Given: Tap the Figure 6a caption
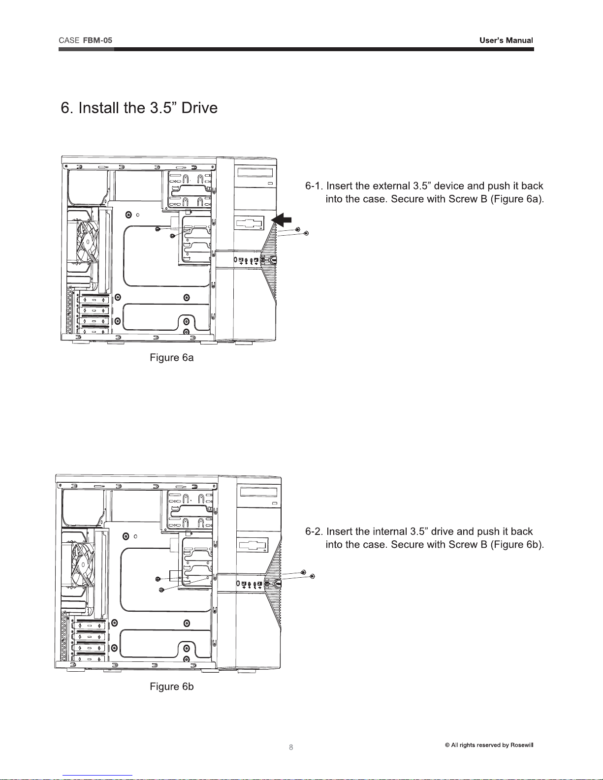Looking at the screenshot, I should pyautogui.click(x=171, y=358).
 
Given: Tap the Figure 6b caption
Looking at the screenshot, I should pyautogui.click(x=171, y=686).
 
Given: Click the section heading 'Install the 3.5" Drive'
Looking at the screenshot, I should pyautogui.click(x=139, y=108).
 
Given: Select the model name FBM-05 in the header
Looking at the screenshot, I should pyautogui.click(x=97, y=40).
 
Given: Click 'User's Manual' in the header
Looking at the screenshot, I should pyautogui.click(x=506, y=40).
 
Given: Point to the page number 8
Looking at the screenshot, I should pyautogui.click(x=291, y=747).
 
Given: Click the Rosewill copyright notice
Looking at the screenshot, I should pyautogui.click(x=489, y=745).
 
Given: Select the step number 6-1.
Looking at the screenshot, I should pyautogui.click(x=314, y=186).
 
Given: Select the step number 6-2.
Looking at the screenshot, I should pyautogui.click(x=314, y=531).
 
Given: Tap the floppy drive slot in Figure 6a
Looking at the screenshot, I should pyautogui.click(x=250, y=222).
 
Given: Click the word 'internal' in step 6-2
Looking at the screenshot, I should pyautogui.click(x=388, y=531).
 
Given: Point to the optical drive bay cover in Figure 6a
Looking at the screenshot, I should pyautogui.click(x=254, y=173).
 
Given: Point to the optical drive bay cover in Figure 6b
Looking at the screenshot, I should pyautogui.click(x=258, y=492).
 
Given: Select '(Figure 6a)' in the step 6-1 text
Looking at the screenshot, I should pyautogui.click(x=517, y=199).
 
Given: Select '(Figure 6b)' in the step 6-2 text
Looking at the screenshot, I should pyautogui.click(x=517, y=544).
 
